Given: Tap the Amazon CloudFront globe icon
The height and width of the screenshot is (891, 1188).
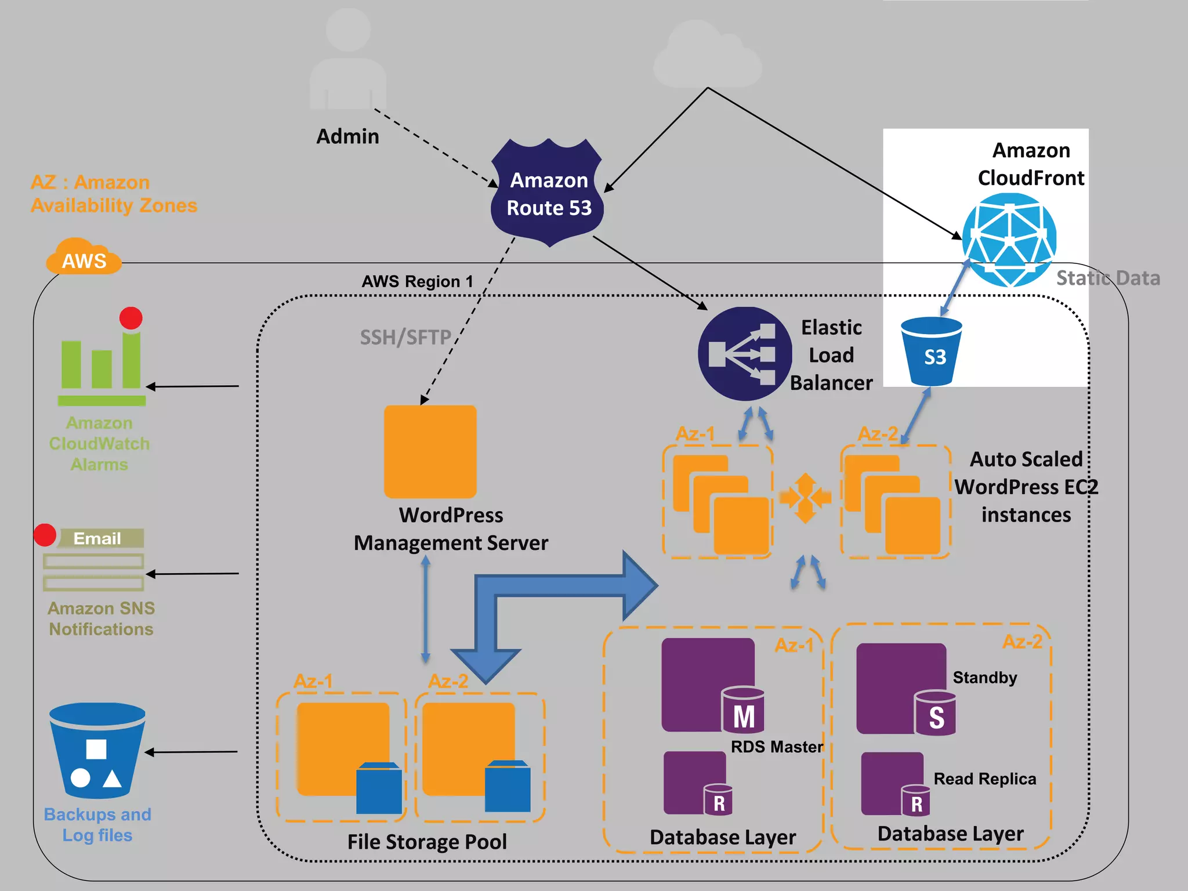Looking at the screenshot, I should (1009, 240).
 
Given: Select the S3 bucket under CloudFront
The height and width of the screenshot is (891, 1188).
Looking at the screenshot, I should (932, 352).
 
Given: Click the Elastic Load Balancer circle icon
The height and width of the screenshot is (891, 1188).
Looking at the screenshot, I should (745, 354).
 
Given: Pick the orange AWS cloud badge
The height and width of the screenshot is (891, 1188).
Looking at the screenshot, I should (84, 257).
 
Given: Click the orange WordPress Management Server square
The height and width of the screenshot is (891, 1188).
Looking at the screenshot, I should (430, 451).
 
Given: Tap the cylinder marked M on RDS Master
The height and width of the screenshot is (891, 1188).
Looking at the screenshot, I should (743, 711).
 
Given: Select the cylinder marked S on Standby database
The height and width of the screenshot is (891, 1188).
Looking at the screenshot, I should (935, 713).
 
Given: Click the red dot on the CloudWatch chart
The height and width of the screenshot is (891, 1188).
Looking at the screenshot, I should (131, 318).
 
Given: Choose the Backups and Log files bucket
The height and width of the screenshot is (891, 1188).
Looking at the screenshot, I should (97, 751).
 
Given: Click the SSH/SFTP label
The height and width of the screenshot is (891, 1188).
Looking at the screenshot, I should (405, 338).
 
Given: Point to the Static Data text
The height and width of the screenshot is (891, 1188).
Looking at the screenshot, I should (1108, 278).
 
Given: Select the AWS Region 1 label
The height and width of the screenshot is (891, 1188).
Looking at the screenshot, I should (417, 282).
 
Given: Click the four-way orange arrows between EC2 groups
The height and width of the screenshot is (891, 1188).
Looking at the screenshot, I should (805, 498).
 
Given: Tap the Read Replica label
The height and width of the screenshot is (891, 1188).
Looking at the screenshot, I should (984, 779).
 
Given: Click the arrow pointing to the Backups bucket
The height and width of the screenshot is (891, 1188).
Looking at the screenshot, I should (191, 752).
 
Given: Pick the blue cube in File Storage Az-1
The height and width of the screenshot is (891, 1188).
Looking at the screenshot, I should (379, 788).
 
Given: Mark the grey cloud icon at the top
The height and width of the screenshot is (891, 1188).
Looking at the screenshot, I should (708, 55).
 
